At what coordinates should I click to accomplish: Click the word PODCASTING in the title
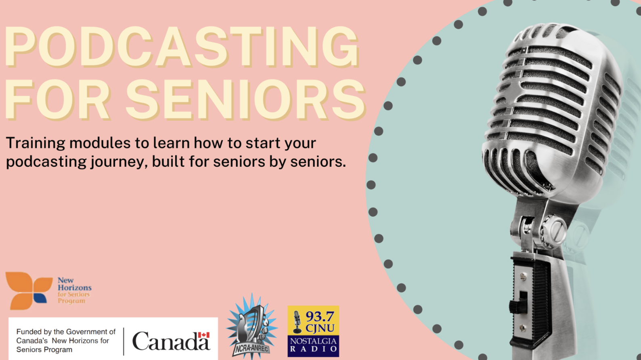coord(182,47)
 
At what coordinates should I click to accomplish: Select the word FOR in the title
coord(58,99)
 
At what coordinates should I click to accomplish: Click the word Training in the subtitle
coord(36,144)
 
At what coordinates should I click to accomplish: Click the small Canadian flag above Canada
coord(204,335)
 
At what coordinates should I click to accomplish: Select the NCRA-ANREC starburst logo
coord(251,326)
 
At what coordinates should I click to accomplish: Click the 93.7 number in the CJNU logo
coord(320,316)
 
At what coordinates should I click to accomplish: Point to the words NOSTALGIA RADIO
coord(313,345)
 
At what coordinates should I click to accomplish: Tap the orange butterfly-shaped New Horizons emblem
coord(29,291)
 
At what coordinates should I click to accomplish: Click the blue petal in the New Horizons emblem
coord(40,298)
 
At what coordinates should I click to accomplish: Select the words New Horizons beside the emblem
coord(74,284)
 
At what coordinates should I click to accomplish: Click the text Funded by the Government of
coord(66,332)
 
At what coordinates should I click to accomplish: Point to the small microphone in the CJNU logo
coord(297,322)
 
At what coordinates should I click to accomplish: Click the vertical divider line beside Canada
coord(124,341)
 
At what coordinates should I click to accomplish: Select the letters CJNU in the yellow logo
coord(320,328)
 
